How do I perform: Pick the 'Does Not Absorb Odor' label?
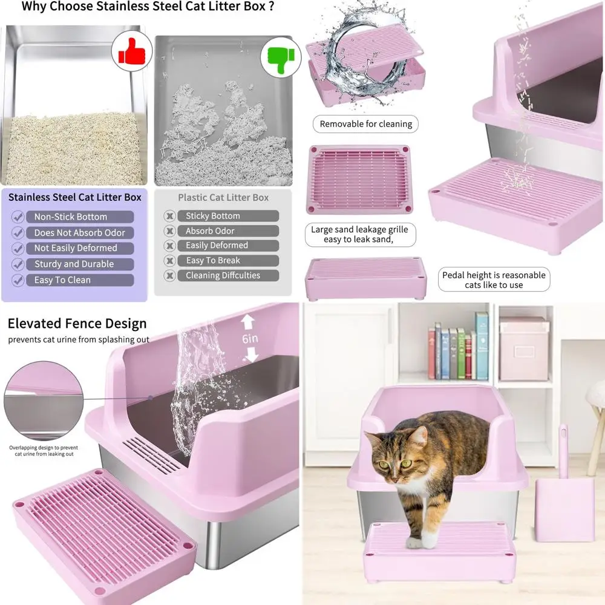point(79,232)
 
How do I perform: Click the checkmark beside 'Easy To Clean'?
point(18,280)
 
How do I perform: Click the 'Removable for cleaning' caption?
point(365,124)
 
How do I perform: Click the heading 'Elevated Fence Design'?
point(77,324)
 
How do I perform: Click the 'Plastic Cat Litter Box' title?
point(223,198)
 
